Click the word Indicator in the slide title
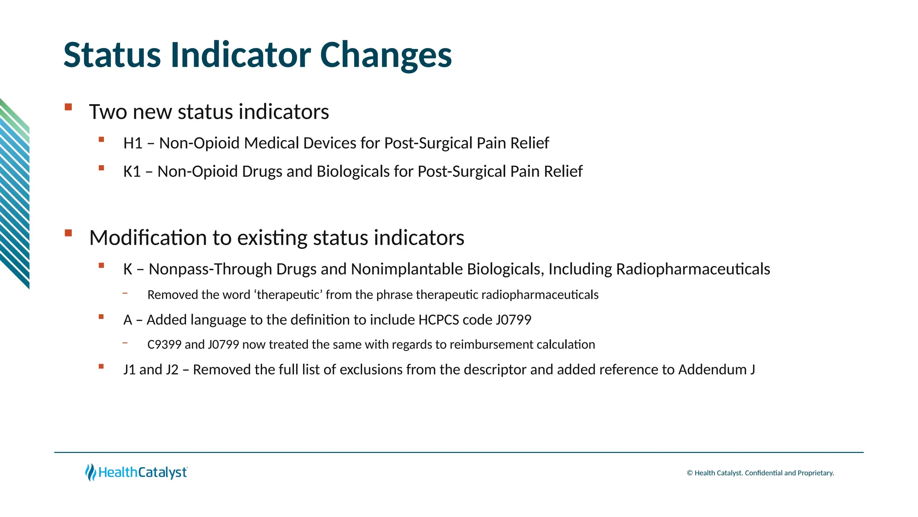[241, 55]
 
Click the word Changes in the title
[386, 56]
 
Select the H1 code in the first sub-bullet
[133, 143]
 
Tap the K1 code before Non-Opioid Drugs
[132, 171]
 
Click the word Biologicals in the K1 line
[353, 171]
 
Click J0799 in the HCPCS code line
[514, 320]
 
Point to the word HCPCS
[438, 320]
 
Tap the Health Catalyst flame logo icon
[91, 473]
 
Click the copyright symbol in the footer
[690, 473]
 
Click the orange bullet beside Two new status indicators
[68, 107]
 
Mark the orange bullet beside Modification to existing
[68, 233]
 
